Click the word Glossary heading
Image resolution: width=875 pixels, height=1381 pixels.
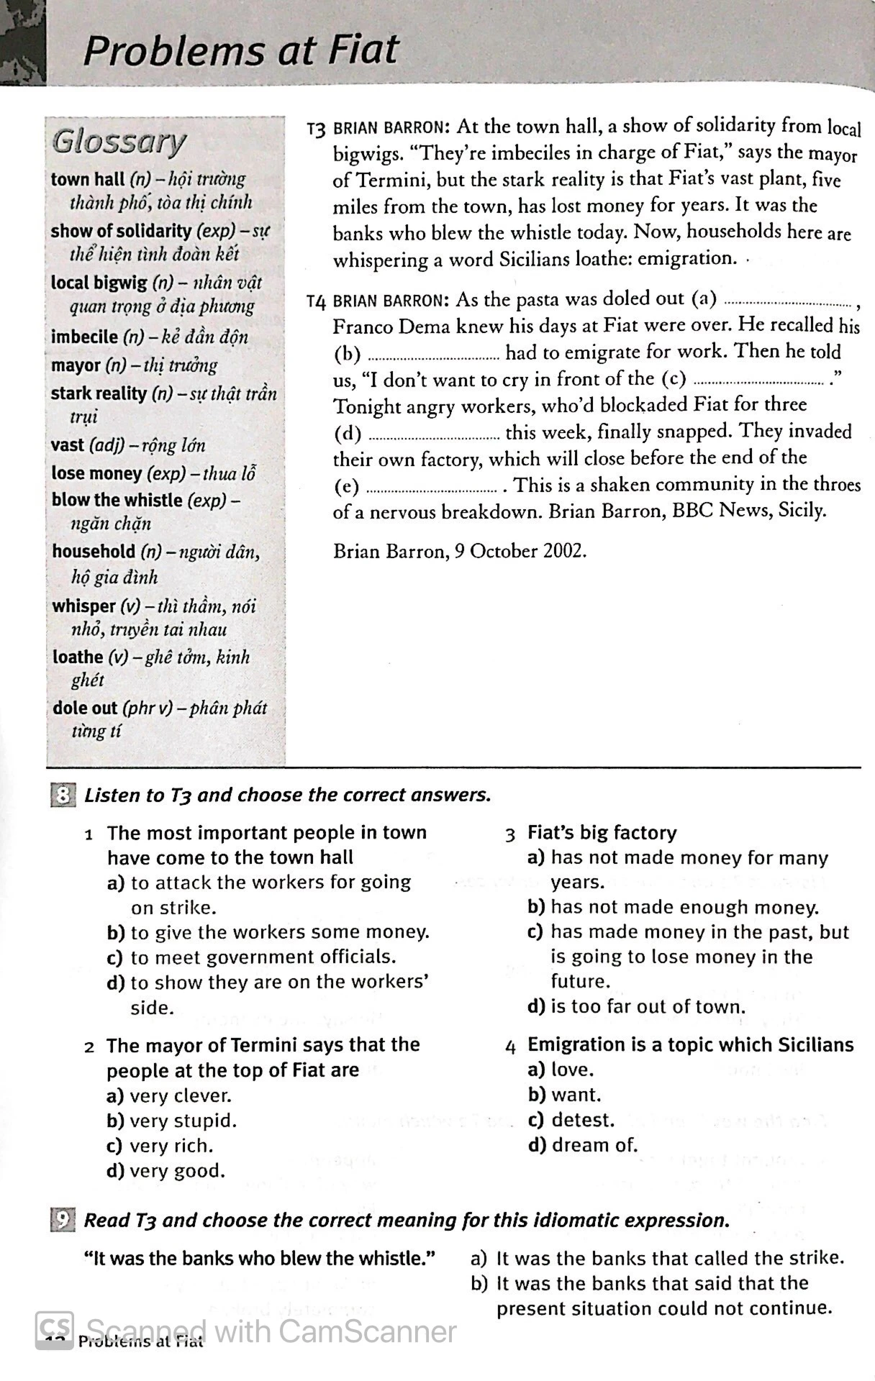point(119,142)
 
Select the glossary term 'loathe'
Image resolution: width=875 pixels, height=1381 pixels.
point(78,657)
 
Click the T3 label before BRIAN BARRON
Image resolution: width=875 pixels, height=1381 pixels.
point(317,129)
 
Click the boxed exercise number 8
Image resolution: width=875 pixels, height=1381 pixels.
point(63,796)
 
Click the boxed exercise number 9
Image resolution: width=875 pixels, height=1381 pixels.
point(63,1220)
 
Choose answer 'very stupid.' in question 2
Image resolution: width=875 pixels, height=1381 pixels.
point(183,1121)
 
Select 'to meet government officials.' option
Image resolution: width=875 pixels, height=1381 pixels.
point(263,957)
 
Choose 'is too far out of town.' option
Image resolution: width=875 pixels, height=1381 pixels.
point(648,1006)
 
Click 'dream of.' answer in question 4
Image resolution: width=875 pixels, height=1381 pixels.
point(594,1145)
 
